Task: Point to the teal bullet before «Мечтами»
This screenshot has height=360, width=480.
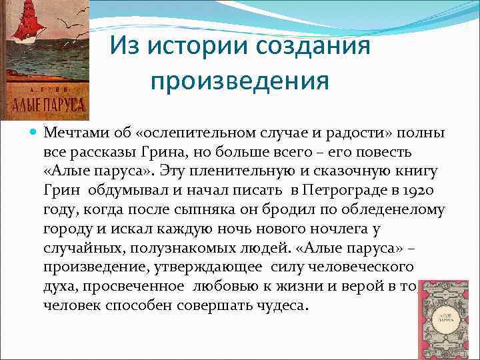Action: pyautogui.click(x=35, y=132)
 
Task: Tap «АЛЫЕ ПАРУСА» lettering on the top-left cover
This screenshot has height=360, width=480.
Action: pyautogui.click(x=45, y=105)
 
